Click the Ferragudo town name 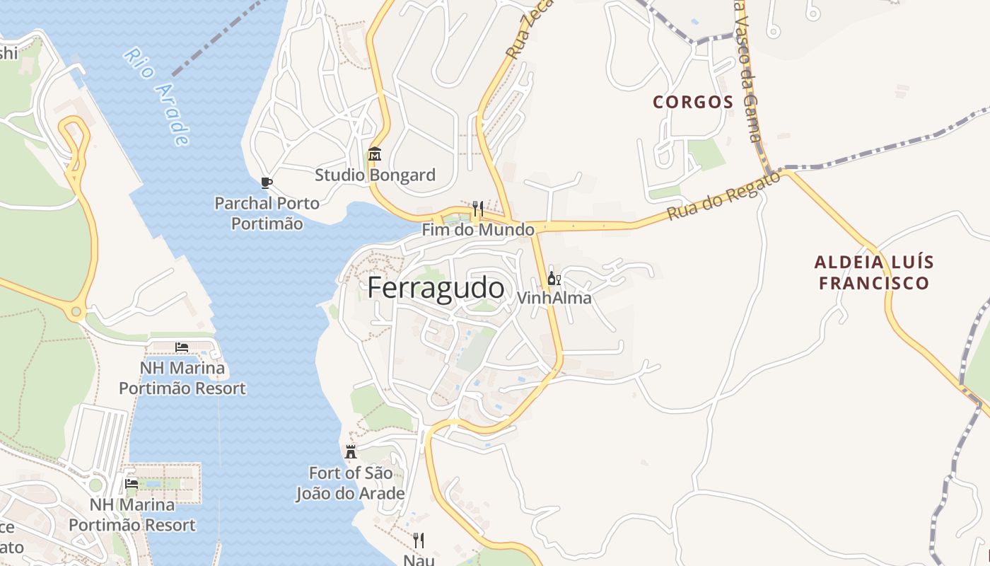coord(436,289)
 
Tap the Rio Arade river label coord(157,96)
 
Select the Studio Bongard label coord(375,175)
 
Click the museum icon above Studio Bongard coord(375,154)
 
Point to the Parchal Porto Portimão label coord(267,213)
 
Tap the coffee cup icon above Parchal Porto coord(267,183)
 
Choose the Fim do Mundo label coord(478,230)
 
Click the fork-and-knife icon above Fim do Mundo coord(478,208)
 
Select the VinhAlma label coord(554,298)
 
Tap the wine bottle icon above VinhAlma coord(554,278)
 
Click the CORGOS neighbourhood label coord(693,102)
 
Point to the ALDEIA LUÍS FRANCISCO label coord(874,272)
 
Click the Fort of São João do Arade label coord(350,483)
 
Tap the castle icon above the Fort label coord(351,452)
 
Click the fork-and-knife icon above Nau coord(419,541)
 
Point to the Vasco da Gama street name coord(750,71)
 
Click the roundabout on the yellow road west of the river coord(76,311)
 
